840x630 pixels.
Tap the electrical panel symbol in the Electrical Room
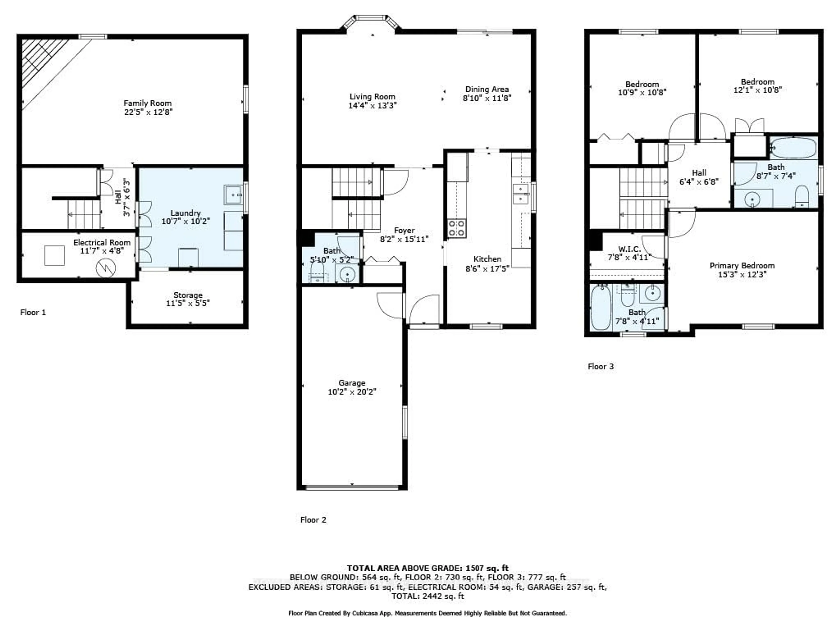[x=106, y=268]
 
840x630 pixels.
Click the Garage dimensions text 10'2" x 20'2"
[x=352, y=392]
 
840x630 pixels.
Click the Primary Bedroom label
[x=742, y=265]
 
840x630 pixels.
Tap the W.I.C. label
[x=630, y=249]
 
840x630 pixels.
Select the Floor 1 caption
[x=33, y=312]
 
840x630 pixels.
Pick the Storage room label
[x=188, y=295]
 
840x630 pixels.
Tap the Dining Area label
[x=487, y=89]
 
